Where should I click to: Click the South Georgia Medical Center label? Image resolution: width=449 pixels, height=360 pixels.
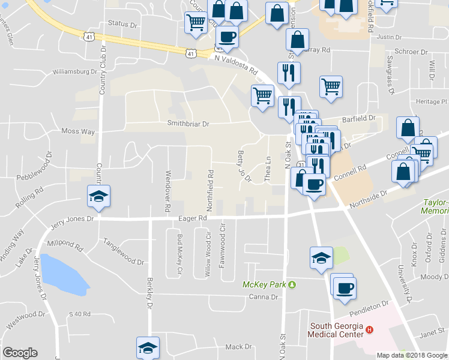pos(336,330)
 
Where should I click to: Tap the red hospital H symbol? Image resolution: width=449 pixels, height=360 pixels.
pos(370,330)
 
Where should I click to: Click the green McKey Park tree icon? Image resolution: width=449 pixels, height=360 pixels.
pos(292,284)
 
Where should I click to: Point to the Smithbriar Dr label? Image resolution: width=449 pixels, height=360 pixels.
pos(189,124)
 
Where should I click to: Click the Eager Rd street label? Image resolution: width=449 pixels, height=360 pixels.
pos(192,219)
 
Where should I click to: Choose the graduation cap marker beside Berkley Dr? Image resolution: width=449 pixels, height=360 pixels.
pos(148,347)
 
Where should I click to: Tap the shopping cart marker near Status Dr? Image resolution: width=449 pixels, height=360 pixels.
pos(196,23)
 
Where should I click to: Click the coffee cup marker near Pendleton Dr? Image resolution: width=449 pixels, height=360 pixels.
pos(345,287)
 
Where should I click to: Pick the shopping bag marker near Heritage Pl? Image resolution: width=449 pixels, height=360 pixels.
pos(408,128)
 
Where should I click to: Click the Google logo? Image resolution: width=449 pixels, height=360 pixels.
pos(20,353)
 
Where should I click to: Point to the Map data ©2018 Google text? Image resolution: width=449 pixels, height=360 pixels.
pos(412,355)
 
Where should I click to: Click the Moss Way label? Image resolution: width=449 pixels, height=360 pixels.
pos(78,131)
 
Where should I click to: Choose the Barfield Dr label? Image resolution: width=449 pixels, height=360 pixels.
pos(358,119)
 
